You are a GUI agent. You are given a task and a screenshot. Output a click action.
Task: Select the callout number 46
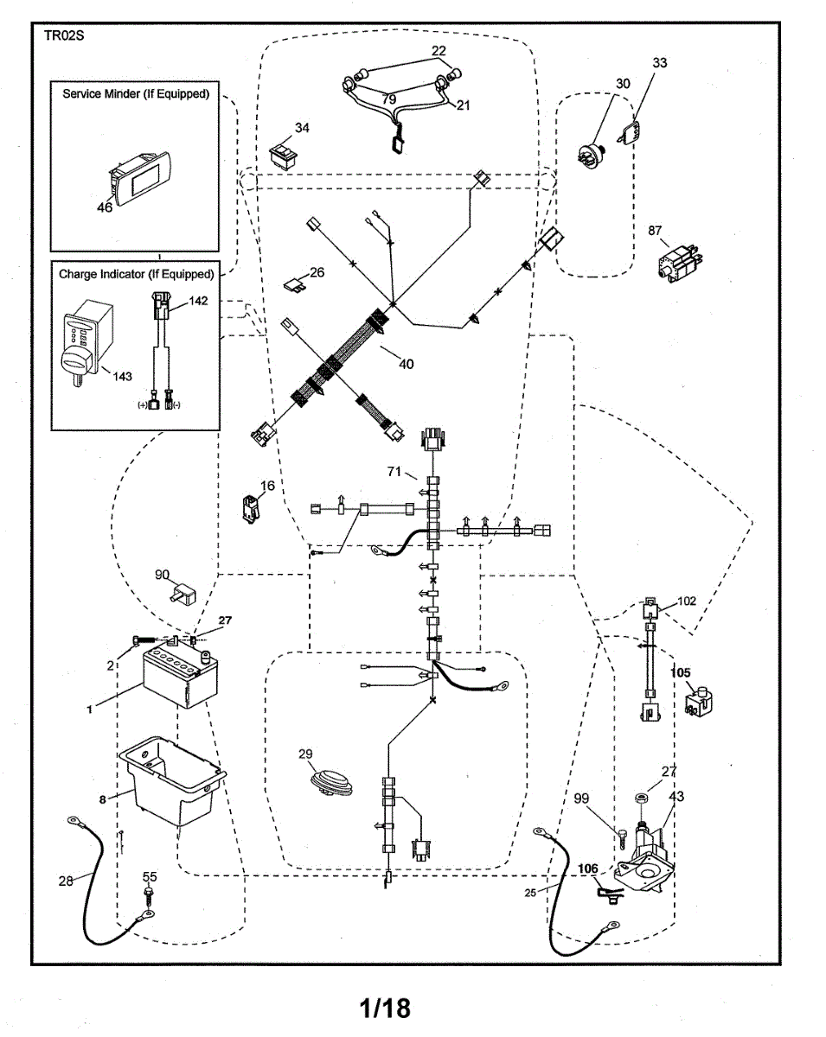105,207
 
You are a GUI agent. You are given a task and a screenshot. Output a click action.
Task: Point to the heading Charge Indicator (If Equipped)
136,274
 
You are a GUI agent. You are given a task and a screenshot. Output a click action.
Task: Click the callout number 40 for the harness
406,364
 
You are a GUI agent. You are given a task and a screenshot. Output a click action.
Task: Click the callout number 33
659,63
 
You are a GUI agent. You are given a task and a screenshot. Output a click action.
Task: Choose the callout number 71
394,472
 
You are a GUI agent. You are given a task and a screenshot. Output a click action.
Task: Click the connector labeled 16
250,509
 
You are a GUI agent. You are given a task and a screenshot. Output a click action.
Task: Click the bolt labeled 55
150,894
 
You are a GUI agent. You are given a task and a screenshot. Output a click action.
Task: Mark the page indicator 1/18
385,1007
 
